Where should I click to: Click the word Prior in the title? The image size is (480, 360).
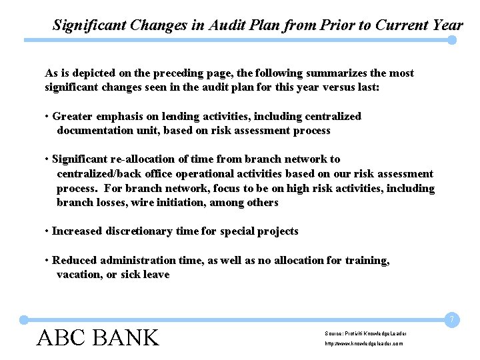tap(321, 25)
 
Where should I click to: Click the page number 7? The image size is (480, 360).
tap(451, 321)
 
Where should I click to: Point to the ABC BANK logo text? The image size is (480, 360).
tap(98, 337)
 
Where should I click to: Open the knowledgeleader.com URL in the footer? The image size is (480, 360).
tap(364, 343)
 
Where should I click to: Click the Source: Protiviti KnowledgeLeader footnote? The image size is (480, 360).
tap(366, 333)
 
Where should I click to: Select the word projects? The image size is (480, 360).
tap(276, 231)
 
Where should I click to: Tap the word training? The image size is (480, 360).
tap(367, 261)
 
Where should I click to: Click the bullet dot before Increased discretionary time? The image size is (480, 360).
tap(47, 231)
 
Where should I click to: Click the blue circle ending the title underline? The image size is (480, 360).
tap(452, 40)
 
